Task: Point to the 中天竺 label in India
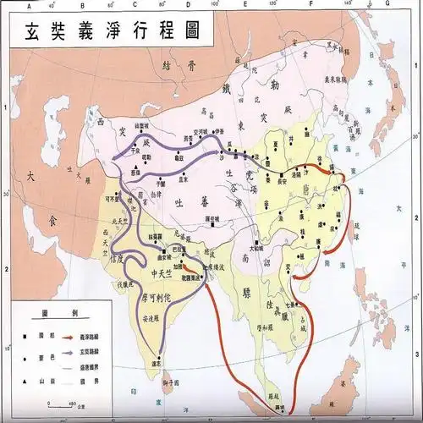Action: [159, 271]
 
